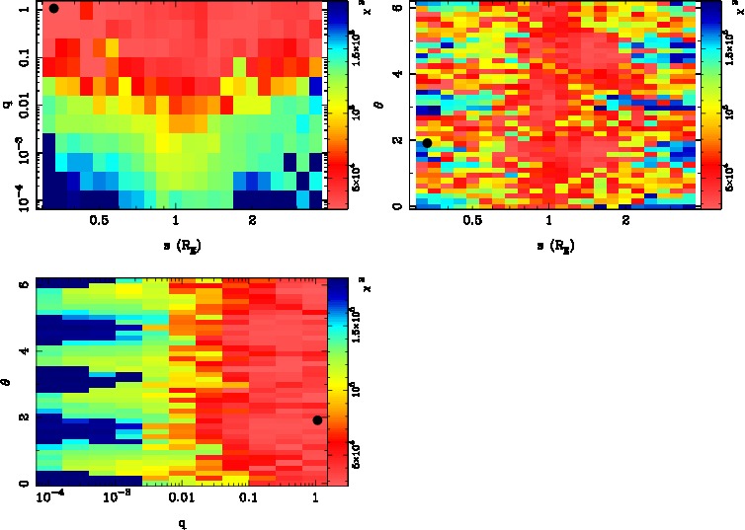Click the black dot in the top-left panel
[x=54, y=8]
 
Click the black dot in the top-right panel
[x=427, y=143]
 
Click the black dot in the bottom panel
[x=317, y=420]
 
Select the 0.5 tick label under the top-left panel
[x=99, y=220]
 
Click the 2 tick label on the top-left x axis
[x=253, y=220]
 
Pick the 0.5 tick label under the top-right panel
[x=472, y=220]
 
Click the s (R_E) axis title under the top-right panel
[x=556, y=243]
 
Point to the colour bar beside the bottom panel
[x=336, y=381]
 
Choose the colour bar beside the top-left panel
[x=337, y=104]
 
